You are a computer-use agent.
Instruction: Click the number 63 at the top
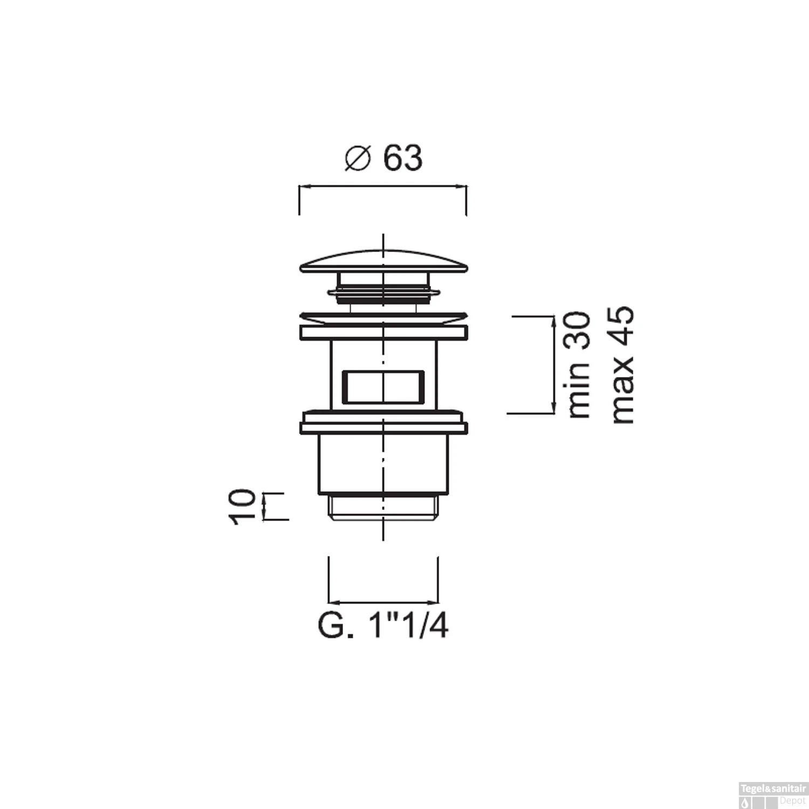point(403,159)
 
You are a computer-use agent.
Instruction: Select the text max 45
point(622,365)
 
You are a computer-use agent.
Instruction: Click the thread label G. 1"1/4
point(383,627)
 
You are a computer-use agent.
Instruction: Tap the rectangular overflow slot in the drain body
point(383,386)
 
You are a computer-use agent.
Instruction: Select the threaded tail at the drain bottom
point(383,508)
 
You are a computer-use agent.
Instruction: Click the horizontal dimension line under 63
point(383,187)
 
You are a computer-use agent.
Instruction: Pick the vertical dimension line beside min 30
point(553,365)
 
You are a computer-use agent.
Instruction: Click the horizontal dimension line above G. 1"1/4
point(383,602)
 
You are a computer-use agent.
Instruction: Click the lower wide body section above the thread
point(383,464)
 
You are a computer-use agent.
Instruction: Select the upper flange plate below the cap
point(383,332)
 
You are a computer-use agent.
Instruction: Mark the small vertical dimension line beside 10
point(264,506)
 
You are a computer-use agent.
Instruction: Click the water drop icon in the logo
point(746,800)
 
